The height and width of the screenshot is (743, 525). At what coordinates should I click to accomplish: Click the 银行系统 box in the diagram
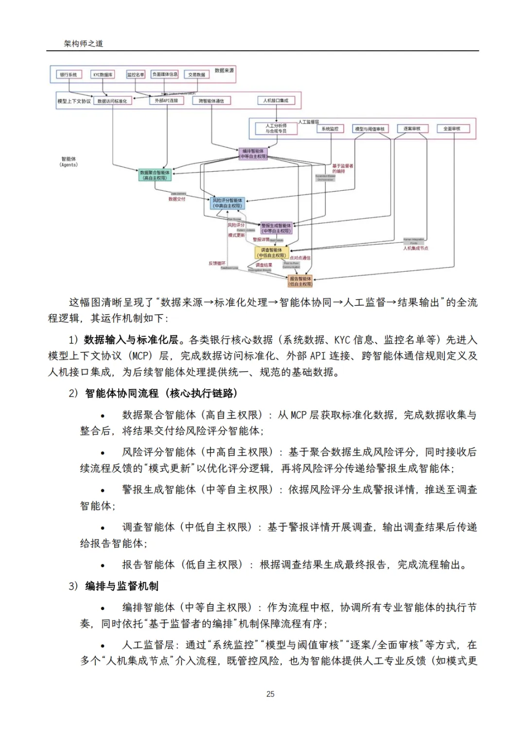point(69,74)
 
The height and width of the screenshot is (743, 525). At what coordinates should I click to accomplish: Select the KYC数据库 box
point(103,74)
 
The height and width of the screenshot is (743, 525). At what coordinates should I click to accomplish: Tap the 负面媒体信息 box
point(165,74)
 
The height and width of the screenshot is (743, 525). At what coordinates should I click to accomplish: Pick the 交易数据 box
point(196,74)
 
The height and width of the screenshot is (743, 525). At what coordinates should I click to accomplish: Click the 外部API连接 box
point(166,100)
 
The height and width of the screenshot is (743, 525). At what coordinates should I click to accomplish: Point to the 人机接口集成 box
point(276,100)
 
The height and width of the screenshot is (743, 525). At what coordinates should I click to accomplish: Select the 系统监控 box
point(330,128)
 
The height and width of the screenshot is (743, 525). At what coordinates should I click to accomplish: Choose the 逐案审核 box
point(412,128)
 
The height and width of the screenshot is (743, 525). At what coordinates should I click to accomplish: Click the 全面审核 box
point(452,128)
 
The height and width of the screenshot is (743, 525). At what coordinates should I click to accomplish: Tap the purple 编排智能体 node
point(253,154)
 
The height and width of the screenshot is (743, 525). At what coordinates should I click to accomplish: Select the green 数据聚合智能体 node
point(155,175)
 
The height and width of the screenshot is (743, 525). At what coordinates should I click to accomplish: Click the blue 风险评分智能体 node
point(227,203)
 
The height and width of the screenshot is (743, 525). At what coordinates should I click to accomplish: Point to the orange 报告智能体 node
point(300,281)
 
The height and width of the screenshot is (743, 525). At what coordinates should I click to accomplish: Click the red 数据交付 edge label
point(177,199)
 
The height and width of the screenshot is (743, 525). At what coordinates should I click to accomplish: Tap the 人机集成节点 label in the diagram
point(416,248)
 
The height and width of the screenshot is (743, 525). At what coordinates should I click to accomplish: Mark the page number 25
point(270,694)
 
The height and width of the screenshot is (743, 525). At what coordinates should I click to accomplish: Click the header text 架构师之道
point(84,43)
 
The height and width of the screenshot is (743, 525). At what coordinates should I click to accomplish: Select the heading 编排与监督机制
point(122,586)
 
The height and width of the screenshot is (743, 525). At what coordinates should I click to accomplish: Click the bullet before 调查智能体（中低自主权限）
point(103,528)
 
